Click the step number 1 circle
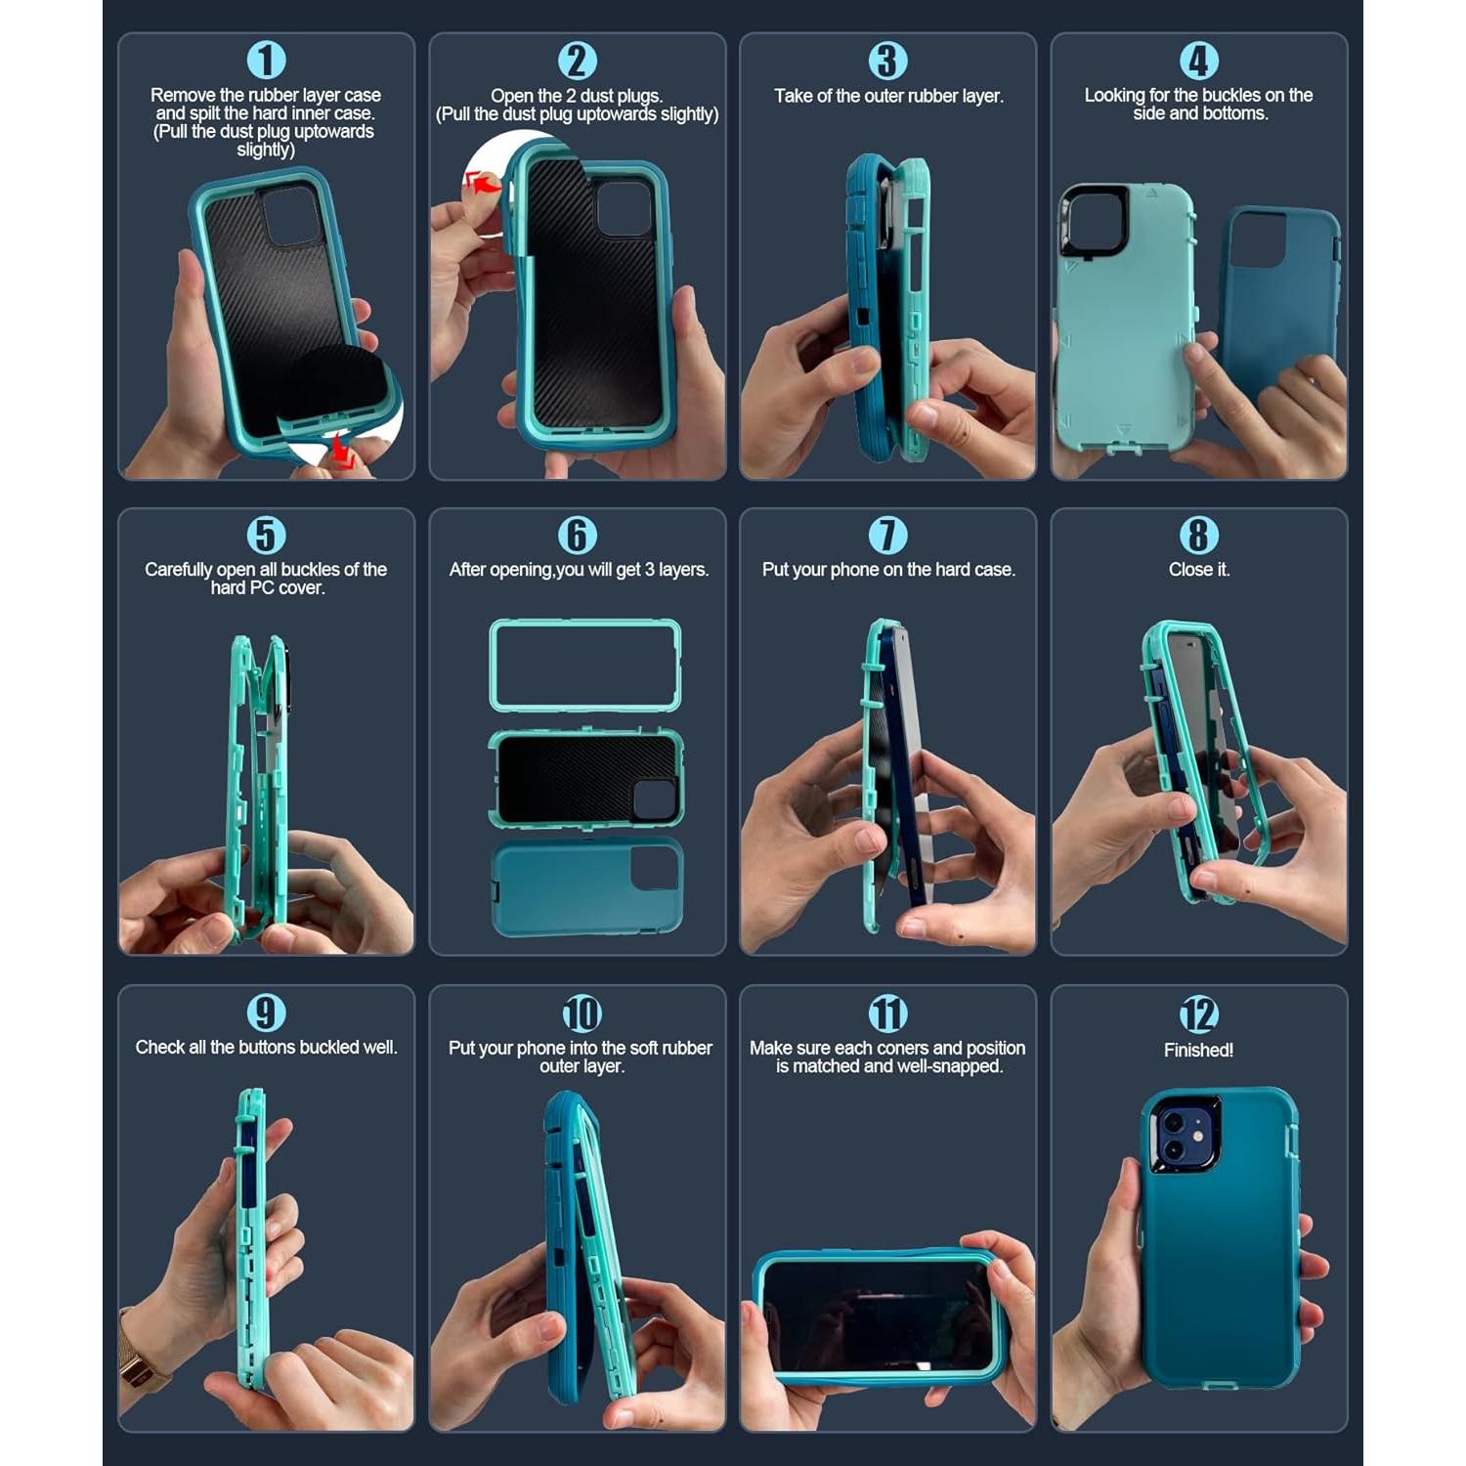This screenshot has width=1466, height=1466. coord(265,61)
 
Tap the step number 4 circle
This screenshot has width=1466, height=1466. coord(1199,61)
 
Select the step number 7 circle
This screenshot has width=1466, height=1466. coord(887,536)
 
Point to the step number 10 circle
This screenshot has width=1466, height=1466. coord(582,1013)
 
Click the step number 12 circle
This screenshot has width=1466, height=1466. coord(1198,1014)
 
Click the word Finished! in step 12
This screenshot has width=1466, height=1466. coord(1198,1051)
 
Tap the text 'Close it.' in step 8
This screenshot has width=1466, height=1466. coord(1198,570)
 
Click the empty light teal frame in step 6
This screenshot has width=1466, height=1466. coord(584,665)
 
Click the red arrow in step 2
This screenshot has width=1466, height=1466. coord(482,183)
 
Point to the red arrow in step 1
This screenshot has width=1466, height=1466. coord(343,449)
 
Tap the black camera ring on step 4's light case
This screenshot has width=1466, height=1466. coord(1094,222)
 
